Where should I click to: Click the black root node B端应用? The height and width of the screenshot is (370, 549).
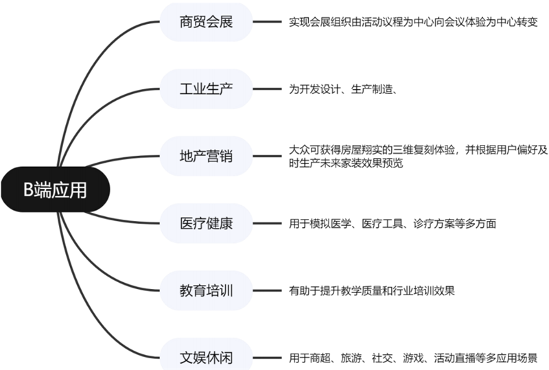pyautogui.click(x=56, y=189)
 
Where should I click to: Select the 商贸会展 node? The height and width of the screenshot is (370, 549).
pyautogui.click(x=207, y=22)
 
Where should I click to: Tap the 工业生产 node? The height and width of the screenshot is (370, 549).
pyautogui.click(x=207, y=89)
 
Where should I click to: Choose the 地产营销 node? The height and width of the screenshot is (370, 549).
pyautogui.click(x=207, y=156)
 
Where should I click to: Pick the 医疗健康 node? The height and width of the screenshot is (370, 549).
pyautogui.click(x=207, y=223)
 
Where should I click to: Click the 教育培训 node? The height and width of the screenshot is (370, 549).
pyautogui.click(x=207, y=290)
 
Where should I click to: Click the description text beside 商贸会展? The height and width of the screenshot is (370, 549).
pyautogui.click(x=413, y=22)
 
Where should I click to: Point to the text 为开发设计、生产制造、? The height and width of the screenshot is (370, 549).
pyautogui.click(x=342, y=89)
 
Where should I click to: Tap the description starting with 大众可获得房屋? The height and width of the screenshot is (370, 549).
pyautogui.click(x=419, y=157)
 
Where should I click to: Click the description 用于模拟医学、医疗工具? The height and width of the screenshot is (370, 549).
pyautogui.click(x=393, y=224)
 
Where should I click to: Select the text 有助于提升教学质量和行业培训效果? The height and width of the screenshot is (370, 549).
pyautogui.click(x=372, y=291)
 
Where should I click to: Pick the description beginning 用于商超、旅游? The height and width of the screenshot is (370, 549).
pyautogui.click(x=413, y=358)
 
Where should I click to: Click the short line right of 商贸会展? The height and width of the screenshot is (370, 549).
pyautogui.click(x=267, y=22)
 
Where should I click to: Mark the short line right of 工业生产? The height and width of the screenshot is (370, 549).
pyautogui.click(x=267, y=89)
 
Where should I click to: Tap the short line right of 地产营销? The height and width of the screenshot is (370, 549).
pyautogui.click(x=267, y=156)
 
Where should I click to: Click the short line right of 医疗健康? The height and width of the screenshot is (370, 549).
pyautogui.click(x=267, y=223)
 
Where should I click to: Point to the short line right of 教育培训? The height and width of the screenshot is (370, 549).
pyautogui.click(x=267, y=290)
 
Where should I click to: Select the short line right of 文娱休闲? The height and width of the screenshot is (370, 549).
pyautogui.click(x=267, y=358)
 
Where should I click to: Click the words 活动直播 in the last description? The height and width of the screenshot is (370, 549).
pyautogui.click(x=454, y=358)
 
